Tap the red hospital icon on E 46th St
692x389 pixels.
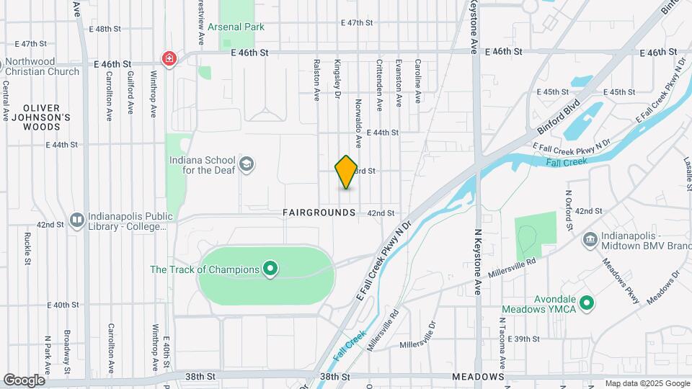pyautogui.click(x=169, y=58)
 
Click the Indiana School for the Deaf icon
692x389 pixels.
pyautogui.click(x=247, y=165)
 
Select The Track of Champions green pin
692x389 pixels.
pyautogui.click(x=270, y=270)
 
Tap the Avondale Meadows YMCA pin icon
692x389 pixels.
pyautogui.click(x=587, y=303)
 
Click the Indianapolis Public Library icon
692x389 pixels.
pyautogui.click(x=76, y=218)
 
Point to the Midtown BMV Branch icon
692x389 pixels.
pyautogui.click(x=590, y=238)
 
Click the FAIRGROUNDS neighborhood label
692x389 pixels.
pyautogui.click(x=319, y=213)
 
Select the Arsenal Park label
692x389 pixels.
pyautogui.click(x=236, y=27)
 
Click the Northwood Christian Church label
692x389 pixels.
pyautogui.click(x=43, y=66)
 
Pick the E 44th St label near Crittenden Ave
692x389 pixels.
pyautogui.click(x=382, y=133)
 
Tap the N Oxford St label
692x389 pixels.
pyautogui.click(x=569, y=210)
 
